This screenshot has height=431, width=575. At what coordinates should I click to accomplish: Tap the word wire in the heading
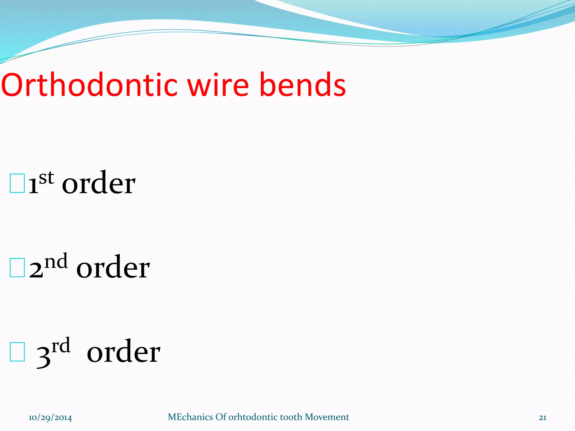pyautogui.click(x=218, y=85)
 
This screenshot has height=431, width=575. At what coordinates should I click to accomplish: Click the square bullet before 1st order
pyautogui.click(x=17, y=184)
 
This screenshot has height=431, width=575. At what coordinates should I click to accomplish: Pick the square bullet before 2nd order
pyautogui.click(x=17, y=267)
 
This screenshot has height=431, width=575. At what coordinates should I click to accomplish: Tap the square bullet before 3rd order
pyautogui.click(x=17, y=352)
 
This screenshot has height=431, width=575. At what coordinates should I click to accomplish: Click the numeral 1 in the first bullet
pyautogui.click(x=33, y=185)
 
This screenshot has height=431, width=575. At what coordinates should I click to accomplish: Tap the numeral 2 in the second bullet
pyautogui.click(x=36, y=269)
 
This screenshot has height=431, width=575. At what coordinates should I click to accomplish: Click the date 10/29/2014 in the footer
pyautogui.click(x=50, y=418)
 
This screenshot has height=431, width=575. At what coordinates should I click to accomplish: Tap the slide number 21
pyautogui.click(x=542, y=418)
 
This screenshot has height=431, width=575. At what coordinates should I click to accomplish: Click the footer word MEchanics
pyautogui.click(x=190, y=417)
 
